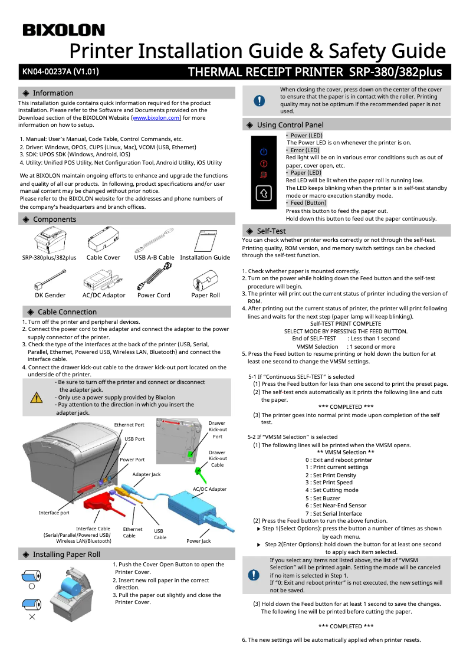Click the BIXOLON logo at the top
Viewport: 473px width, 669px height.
[64, 30]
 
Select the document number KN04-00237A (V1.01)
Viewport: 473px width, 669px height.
[60, 72]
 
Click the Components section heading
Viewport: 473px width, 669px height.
[54, 219]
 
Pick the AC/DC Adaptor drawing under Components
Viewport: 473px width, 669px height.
[104, 277]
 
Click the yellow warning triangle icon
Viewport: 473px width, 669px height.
[37, 396]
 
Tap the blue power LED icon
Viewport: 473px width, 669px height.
[264, 152]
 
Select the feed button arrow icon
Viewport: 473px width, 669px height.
[264, 193]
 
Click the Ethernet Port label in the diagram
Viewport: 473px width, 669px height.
[129, 425]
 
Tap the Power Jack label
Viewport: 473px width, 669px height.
[198, 541]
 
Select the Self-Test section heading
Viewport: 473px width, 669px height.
[271, 231]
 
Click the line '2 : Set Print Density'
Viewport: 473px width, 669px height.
[330, 475]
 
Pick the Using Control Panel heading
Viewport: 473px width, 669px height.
[290, 125]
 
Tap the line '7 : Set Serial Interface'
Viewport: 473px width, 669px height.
[333, 513]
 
